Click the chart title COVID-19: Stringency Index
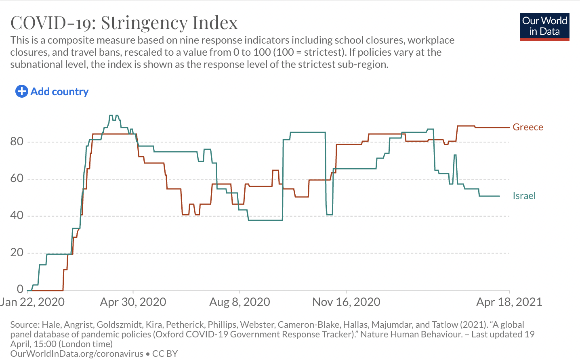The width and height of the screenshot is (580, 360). [124, 23]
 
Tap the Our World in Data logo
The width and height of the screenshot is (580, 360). [544, 27]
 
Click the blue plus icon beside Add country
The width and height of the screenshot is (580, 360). [21, 92]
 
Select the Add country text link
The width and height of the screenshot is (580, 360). [59, 92]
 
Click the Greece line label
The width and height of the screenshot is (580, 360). [527, 127]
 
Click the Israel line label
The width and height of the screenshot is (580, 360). [524, 196]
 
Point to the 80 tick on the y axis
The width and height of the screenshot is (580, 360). [17, 141]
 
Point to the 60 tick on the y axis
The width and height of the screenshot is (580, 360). [17, 178]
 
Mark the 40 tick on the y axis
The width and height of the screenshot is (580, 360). [17, 215]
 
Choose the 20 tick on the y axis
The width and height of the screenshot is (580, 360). [17, 252]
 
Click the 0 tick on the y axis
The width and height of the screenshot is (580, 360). [20, 289]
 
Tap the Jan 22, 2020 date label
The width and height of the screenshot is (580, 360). [32, 302]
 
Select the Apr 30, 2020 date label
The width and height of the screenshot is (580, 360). [133, 302]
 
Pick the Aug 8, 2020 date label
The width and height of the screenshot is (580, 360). [240, 302]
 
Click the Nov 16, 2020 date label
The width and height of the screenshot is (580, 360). [346, 302]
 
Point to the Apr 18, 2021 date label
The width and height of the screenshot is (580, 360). [509, 302]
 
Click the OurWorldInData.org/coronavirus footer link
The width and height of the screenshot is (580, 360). [77, 354]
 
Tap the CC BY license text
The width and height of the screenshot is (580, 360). [165, 354]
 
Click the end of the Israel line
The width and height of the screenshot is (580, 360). [500, 196]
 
